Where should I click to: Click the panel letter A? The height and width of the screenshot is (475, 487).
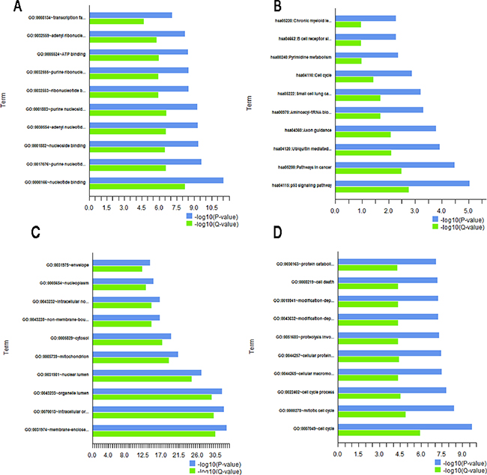click(x=7, y=7)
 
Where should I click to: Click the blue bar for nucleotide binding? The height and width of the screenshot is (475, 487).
click(x=156, y=180)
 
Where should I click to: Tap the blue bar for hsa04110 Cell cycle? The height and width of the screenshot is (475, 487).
click(x=373, y=73)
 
